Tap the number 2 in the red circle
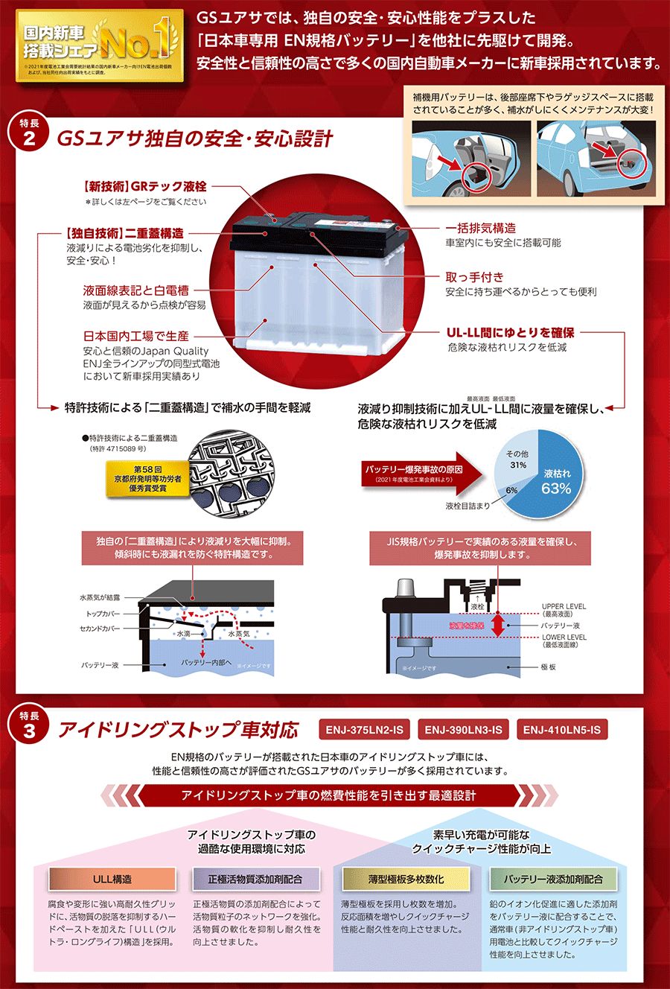28,139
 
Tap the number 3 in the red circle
28,730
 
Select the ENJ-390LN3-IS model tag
463,730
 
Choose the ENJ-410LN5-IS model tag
561,730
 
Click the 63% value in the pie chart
556,488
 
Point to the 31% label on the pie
517,465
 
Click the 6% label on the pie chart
511,490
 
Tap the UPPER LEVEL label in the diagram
564,606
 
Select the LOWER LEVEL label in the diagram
564,637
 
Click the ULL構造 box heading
112,879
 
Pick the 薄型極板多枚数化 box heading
406,879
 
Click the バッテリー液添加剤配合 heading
553,879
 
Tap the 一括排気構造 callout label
480,229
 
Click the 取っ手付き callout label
474,277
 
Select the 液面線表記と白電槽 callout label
135,290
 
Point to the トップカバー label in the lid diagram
103,614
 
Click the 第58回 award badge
147,478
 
